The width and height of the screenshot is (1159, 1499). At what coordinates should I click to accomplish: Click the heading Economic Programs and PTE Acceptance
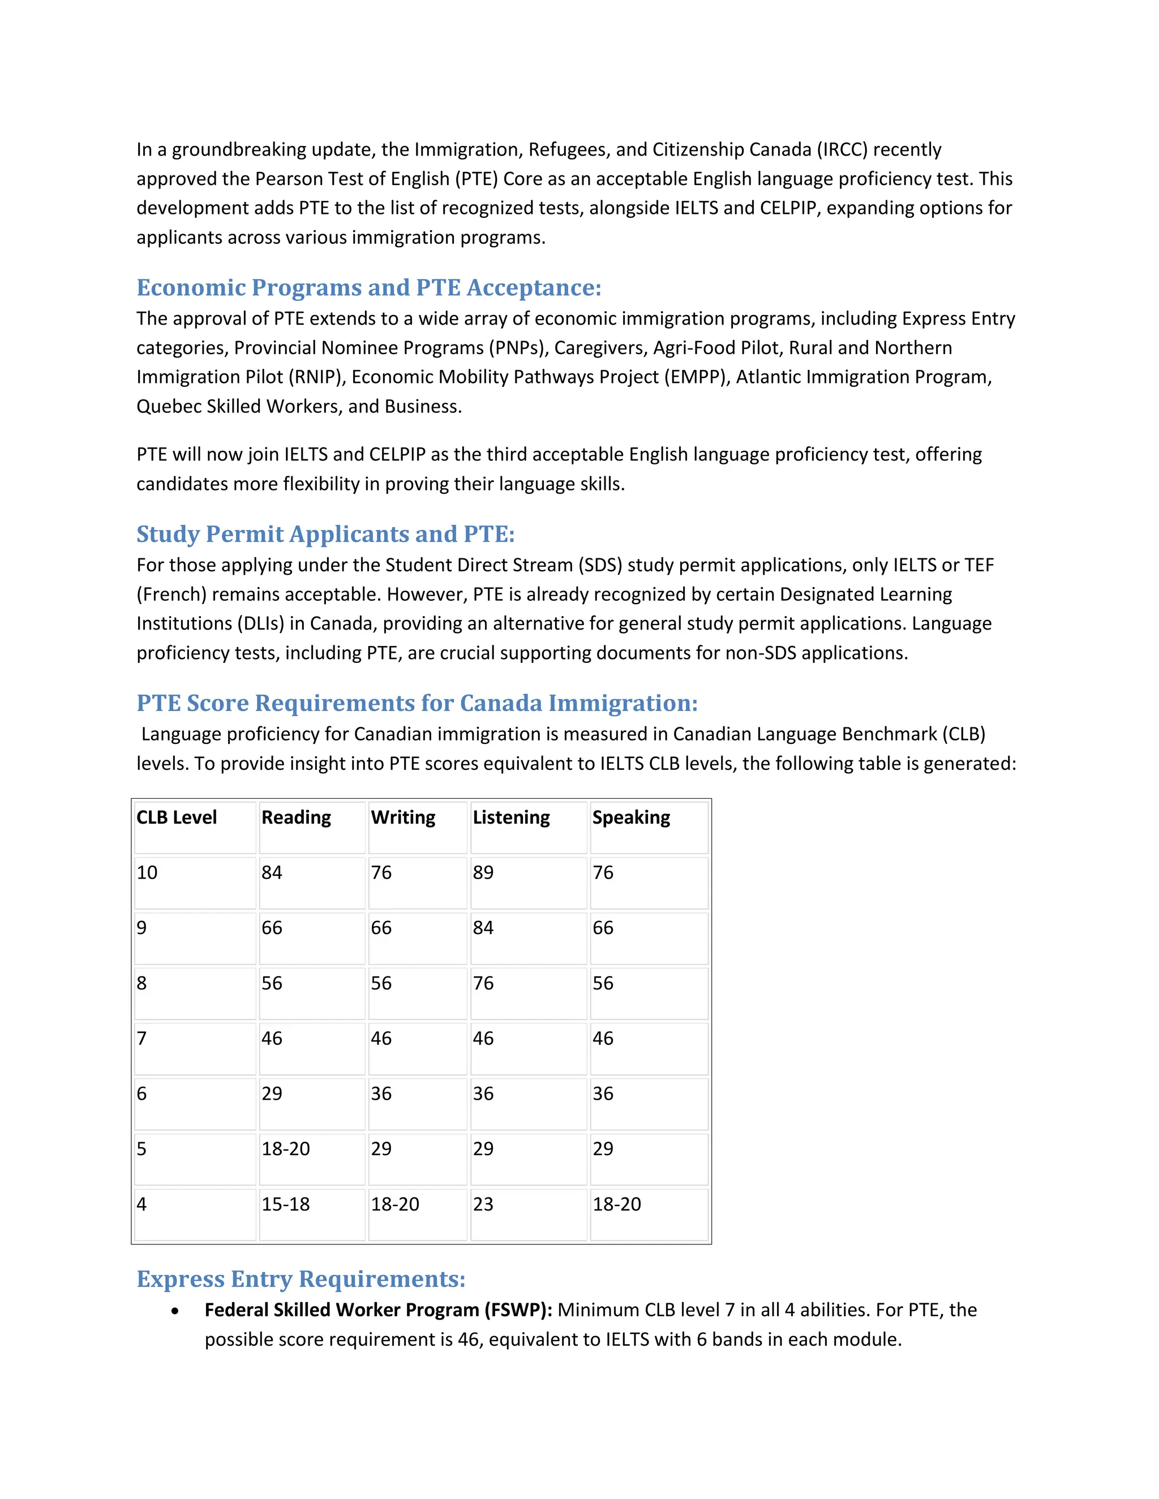(x=369, y=287)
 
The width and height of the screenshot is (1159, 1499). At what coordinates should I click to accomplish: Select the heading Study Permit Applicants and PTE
(x=325, y=534)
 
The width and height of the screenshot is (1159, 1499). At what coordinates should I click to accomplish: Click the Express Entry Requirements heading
(x=301, y=1279)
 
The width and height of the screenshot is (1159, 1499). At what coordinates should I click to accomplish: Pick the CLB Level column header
(x=177, y=817)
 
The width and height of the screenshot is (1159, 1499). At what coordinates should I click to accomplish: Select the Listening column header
(x=511, y=817)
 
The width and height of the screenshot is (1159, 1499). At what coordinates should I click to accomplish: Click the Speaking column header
(x=631, y=817)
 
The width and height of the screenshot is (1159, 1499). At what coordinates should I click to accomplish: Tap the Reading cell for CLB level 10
(x=272, y=872)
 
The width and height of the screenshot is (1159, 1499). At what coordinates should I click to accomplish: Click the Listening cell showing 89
(x=483, y=872)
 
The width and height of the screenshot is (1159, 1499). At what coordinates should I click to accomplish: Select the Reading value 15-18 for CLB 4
(x=286, y=1204)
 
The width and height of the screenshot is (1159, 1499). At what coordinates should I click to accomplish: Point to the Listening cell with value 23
(x=483, y=1204)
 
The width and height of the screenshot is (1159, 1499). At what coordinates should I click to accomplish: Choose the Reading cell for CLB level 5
(x=286, y=1148)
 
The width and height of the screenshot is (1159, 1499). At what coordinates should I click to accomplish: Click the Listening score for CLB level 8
(x=483, y=983)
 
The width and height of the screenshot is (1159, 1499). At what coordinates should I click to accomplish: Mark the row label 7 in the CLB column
(x=142, y=1038)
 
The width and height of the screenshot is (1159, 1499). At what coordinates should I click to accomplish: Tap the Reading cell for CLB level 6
(x=272, y=1093)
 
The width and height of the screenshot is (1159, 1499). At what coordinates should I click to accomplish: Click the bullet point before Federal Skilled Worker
(x=176, y=1311)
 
